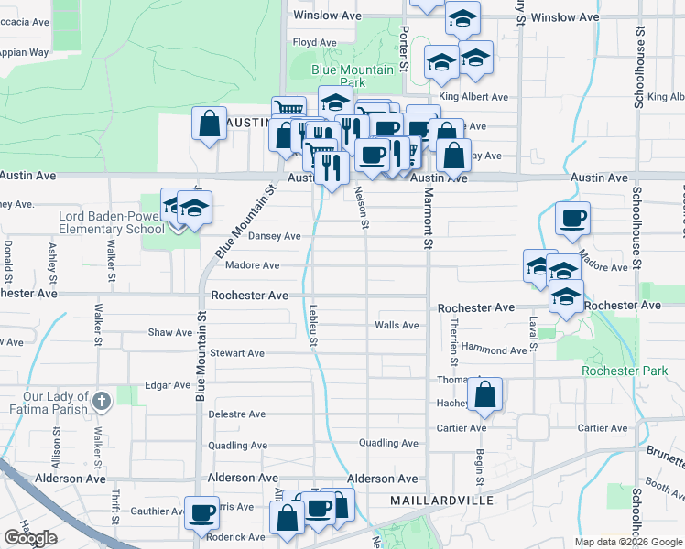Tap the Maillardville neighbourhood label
pyautogui.click(x=441, y=501)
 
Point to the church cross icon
pyautogui.click(x=102, y=400)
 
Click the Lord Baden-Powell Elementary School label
pyautogui.click(x=112, y=222)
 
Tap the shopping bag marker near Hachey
pyautogui.click(x=487, y=394)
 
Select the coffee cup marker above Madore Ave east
pyautogui.click(x=573, y=219)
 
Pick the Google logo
pyautogui.click(x=30, y=538)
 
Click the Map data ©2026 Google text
pyautogui.click(x=629, y=542)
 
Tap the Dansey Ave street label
pyautogui.click(x=275, y=236)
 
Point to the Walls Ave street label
pyautogui.click(x=397, y=325)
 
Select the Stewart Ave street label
pyautogui.click(x=237, y=353)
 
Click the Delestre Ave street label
pyautogui.click(x=237, y=414)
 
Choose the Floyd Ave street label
pyautogui.click(x=316, y=42)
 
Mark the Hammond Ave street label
pyautogui.click(x=495, y=350)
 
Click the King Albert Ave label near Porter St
pyautogui.click(x=473, y=97)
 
